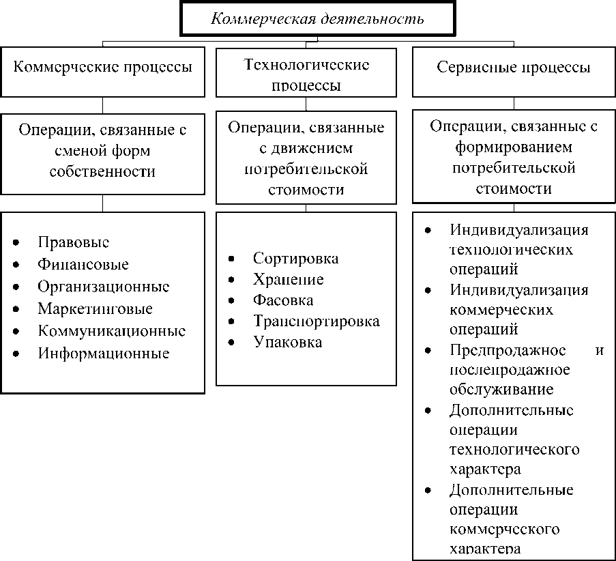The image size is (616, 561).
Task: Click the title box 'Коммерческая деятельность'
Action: (x=317, y=19)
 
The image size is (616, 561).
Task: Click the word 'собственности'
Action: (x=102, y=171)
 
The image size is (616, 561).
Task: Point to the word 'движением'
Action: (x=306, y=148)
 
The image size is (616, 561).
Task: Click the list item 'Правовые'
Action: (x=74, y=242)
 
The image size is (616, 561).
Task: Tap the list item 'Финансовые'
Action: (x=83, y=264)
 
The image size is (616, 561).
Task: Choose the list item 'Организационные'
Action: (x=104, y=287)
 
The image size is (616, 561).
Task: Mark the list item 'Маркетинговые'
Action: (x=95, y=308)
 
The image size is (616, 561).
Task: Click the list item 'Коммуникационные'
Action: (x=112, y=331)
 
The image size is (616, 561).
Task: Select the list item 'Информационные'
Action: (x=104, y=353)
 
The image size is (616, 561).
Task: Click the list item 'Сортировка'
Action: (x=295, y=259)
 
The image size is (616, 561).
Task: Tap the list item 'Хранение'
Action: (x=288, y=280)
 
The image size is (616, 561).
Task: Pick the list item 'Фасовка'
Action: (x=283, y=300)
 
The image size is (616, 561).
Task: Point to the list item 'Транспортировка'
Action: (x=316, y=321)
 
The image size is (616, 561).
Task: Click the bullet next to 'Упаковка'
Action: (x=231, y=343)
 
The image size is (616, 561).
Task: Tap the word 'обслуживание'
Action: (x=501, y=390)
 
